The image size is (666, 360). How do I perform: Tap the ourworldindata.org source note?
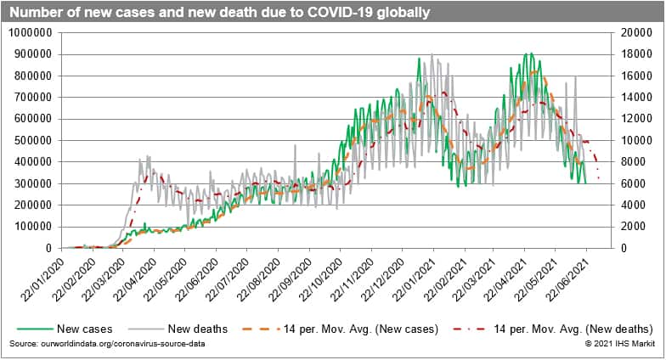click(109, 343)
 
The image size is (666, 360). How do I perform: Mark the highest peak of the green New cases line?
click(528, 53)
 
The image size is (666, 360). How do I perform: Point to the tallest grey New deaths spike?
click(432, 54)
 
